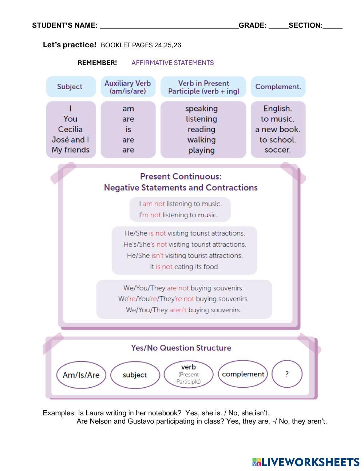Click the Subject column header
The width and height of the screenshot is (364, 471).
pyautogui.click(x=70, y=87)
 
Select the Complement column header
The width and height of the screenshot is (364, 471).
pyautogui.click(x=278, y=87)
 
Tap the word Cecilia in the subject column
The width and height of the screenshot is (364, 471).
pyautogui.click(x=70, y=129)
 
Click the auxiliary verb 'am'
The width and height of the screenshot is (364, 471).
pyautogui.click(x=128, y=108)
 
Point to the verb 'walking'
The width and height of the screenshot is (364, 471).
pyautogui.click(x=201, y=140)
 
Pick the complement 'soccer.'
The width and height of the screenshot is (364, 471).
pyautogui.click(x=278, y=150)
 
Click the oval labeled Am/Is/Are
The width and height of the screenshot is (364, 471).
pyautogui.click(x=81, y=375)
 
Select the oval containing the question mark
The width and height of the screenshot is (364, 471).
pyautogui.click(x=287, y=374)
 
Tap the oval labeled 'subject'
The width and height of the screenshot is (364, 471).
pyautogui.click(x=135, y=375)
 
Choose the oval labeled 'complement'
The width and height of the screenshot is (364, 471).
pyautogui.click(x=243, y=374)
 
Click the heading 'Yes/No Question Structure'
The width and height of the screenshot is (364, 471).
pyautogui.click(x=181, y=348)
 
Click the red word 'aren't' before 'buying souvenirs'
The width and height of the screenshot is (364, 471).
pyautogui.click(x=178, y=310)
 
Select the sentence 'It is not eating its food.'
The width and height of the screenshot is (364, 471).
pyautogui.click(x=185, y=267)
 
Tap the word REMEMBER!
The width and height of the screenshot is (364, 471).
pyautogui.click(x=97, y=63)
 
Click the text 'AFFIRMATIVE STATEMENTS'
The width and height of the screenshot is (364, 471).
pyautogui.click(x=173, y=63)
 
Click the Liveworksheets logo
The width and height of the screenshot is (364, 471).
pyautogui.click(x=305, y=462)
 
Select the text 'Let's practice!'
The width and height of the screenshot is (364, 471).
pyautogui.click(x=70, y=45)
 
